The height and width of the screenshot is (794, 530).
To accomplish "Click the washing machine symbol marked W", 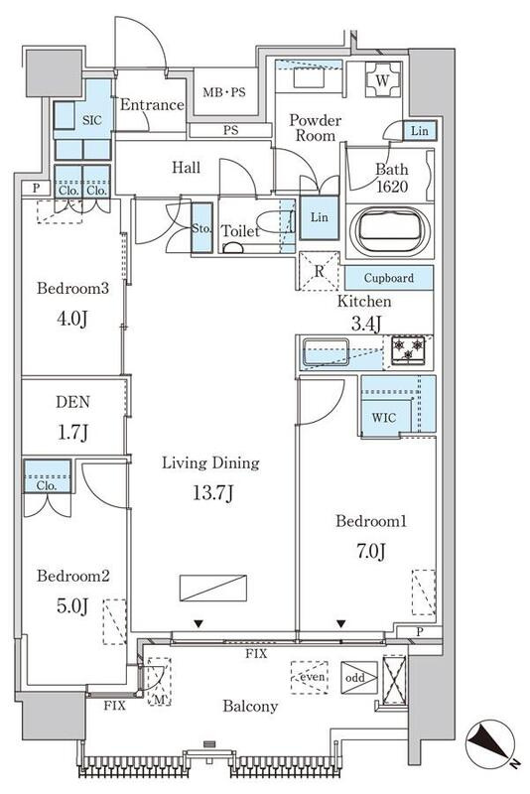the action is click(x=383, y=79).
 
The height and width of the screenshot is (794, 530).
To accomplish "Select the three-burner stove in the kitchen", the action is click(x=409, y=350).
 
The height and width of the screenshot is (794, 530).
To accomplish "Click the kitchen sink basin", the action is click(x=326, y=352).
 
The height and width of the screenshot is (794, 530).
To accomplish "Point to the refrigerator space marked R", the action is click(x=320, y=271).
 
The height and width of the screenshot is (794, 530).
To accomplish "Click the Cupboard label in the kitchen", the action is click(x=389, y=278).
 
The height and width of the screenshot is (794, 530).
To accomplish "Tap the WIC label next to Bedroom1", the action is click(x=384, y=418).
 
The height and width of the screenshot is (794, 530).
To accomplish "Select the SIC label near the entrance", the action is click(x=91, y=120).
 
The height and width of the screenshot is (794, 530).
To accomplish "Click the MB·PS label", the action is click(x=223, y=92).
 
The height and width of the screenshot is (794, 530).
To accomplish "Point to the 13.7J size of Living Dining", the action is click(x=212, y=492).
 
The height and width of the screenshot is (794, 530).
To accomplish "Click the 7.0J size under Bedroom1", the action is click(x=371, y=551).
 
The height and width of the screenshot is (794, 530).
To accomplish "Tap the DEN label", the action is click(x=72, y=402).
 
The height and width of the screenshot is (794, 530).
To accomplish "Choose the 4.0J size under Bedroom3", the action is click(x=72, y=319).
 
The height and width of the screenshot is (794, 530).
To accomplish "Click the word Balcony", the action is click(x=250, y=706).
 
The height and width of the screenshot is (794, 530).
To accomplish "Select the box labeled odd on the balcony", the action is click(x=359, y=678).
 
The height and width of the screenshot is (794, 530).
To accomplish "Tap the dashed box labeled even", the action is click(x=310, y=677).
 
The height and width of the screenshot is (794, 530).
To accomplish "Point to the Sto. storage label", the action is click(x=201, y=228).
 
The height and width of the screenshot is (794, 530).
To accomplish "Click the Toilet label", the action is click(x=241, y=231).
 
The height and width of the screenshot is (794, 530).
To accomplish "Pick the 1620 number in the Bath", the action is click(x=392, y=187).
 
